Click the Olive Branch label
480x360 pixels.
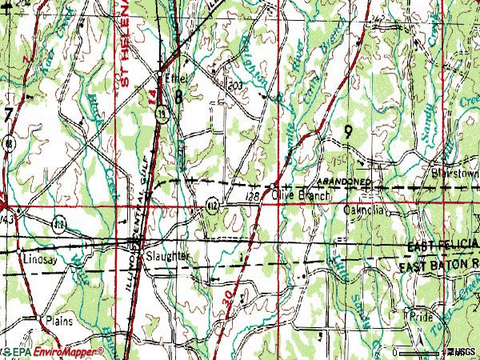click(x=297, y=194)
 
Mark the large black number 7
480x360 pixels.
click(x=7, y=117)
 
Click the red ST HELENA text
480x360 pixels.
click(x=126, y=44)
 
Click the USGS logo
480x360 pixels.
click(x=462, y=352)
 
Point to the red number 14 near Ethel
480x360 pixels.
click(x=152, y=94)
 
